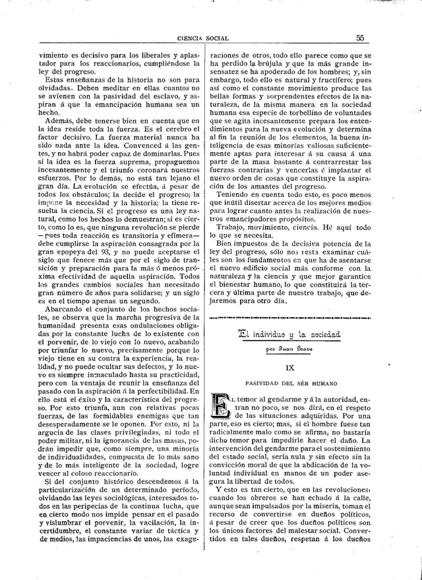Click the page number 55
click(361, 38)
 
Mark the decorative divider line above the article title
click(291, 318)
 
